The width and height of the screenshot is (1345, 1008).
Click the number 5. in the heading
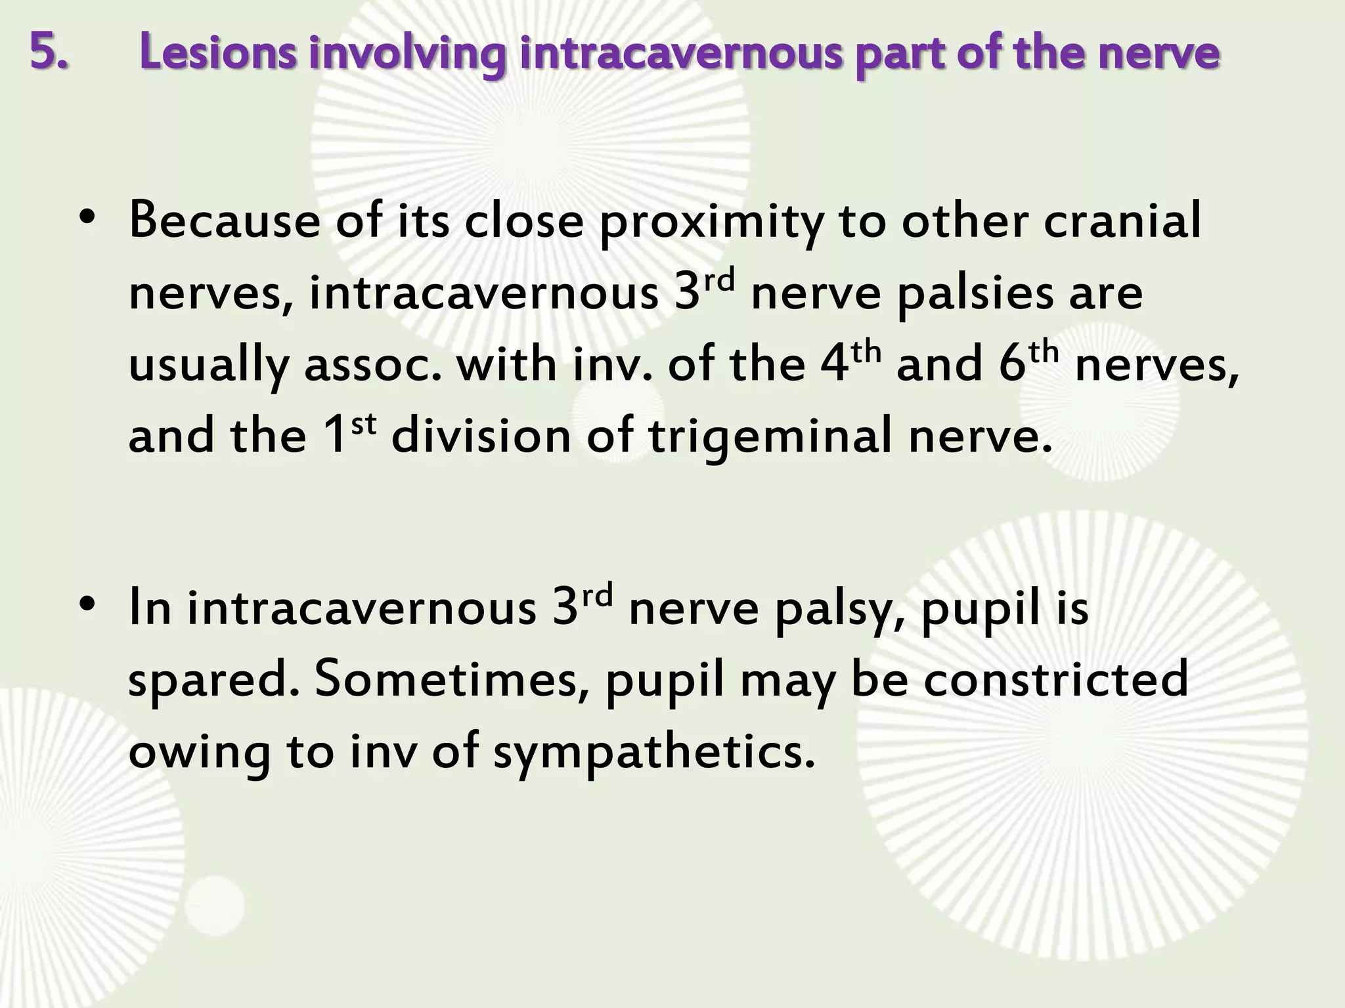tap(49, 52)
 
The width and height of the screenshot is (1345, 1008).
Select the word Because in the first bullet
tap(224, 221)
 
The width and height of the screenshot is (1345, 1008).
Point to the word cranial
tap(1123, 221)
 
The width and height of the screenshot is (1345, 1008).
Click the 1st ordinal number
tap(351, 433)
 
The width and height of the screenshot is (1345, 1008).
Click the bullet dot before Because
tap(86, 219)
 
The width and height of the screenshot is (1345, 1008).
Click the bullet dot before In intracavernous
tap(86, 606)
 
